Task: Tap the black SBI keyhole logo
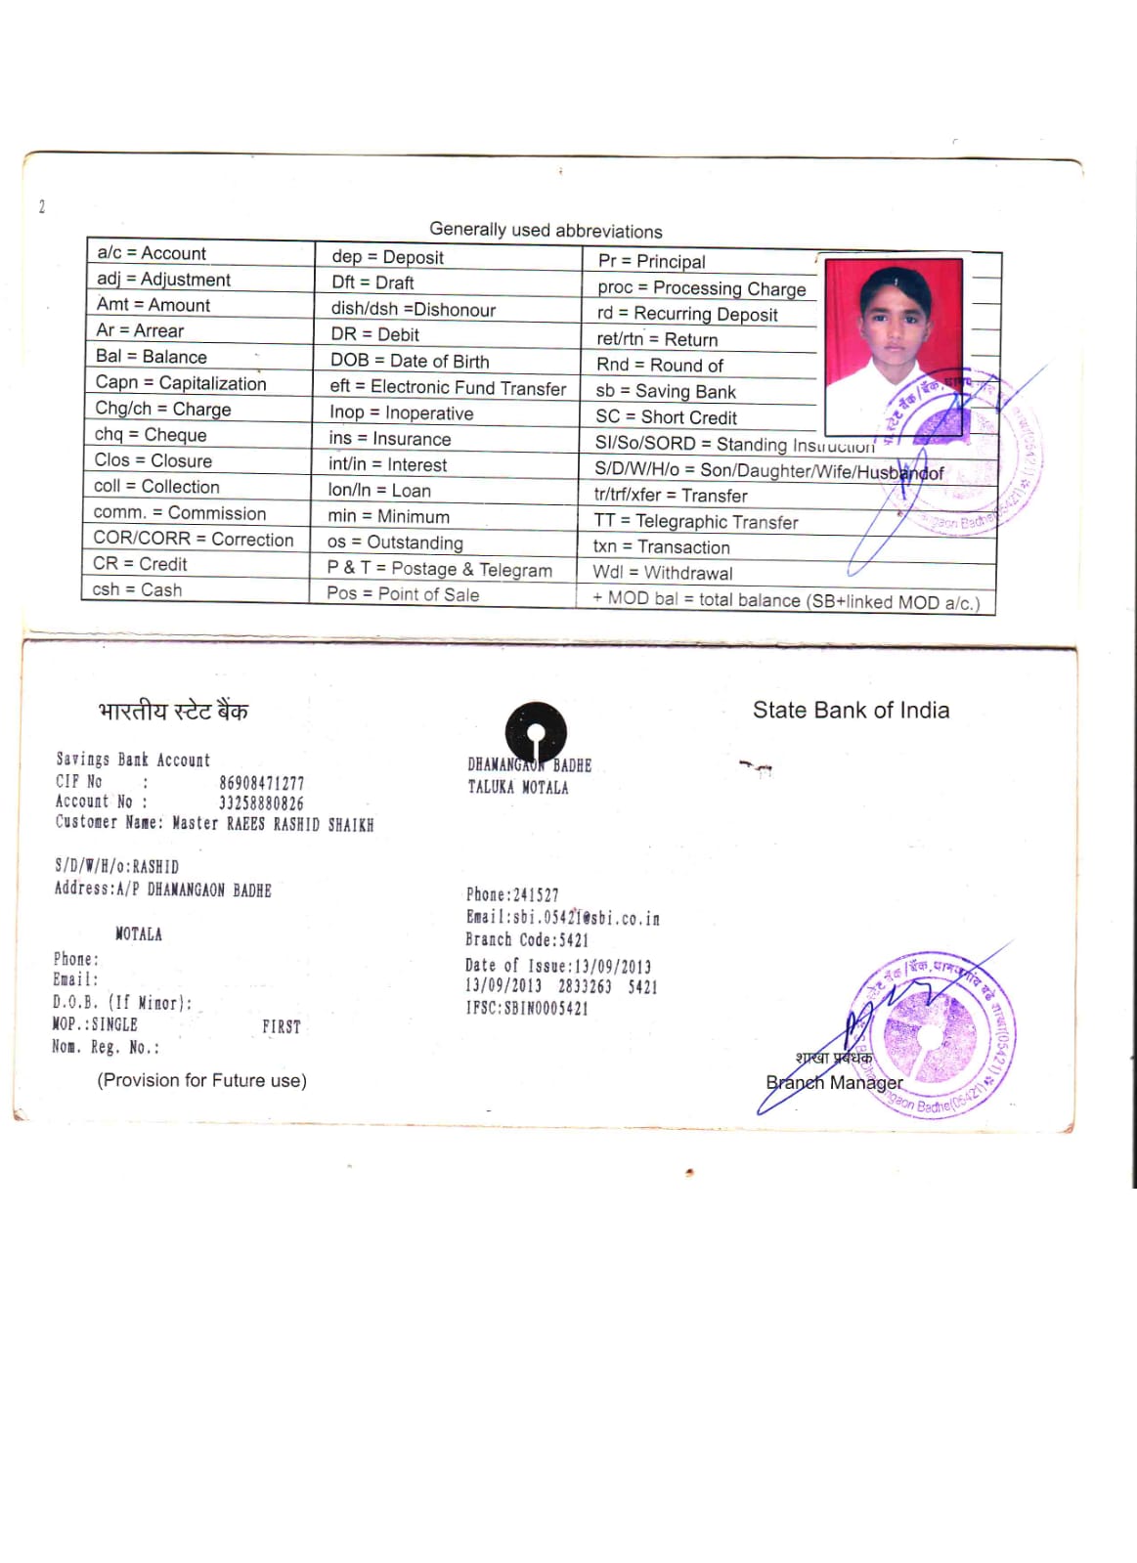(536, 732)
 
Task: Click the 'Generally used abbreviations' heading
(546, 231)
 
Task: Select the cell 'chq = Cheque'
(151, 435)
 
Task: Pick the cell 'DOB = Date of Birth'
(410, 361)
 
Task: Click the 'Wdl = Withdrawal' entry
(662, 573)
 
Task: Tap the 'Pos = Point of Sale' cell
(403, 594)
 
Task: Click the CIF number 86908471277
(261, 783)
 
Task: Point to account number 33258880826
(261, 803)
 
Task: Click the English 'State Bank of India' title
(851, 711)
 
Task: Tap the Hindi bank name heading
(173, 712)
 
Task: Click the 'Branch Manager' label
(834, 1083)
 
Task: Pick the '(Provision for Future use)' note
(201, 1080)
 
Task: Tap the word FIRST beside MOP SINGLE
(281, 1026)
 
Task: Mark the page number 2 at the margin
(42, 206)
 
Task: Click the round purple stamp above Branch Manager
(931, 1034)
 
